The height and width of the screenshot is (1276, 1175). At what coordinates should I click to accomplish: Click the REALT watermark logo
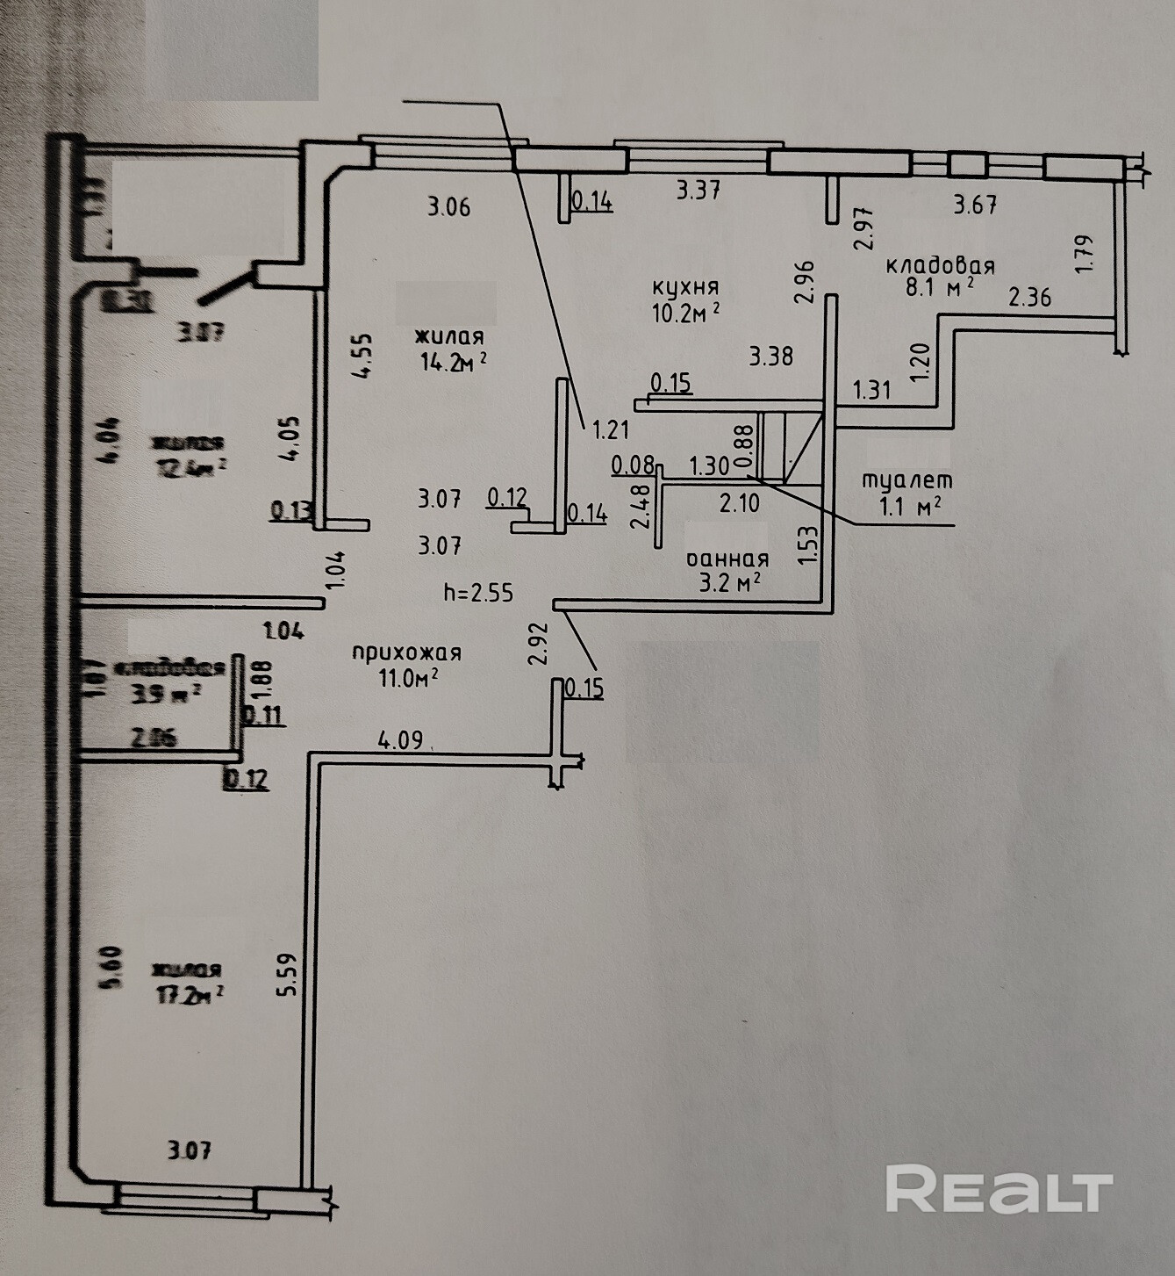coord(999,1190)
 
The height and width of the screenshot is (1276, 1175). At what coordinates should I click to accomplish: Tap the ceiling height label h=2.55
coord(478,593)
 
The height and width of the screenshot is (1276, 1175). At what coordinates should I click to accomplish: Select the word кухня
coord(685,287)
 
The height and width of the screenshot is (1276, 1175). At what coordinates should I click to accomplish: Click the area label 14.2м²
coord(454,361)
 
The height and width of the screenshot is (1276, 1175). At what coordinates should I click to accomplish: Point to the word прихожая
coord(406,652)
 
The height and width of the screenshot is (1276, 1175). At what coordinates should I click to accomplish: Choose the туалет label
coord(906,480)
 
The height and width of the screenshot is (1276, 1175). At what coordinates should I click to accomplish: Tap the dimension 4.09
coord(400,739)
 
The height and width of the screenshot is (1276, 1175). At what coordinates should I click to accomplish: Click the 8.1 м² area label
coord(940,286)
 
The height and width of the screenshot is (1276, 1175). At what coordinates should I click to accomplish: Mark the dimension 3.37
coord(699,190)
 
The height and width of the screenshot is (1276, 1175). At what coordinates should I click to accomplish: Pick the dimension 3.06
coord(448,207)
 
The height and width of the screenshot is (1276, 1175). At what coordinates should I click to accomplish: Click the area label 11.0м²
coord(405,678)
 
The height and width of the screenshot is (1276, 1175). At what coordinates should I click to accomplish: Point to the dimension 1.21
coord(612,430)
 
